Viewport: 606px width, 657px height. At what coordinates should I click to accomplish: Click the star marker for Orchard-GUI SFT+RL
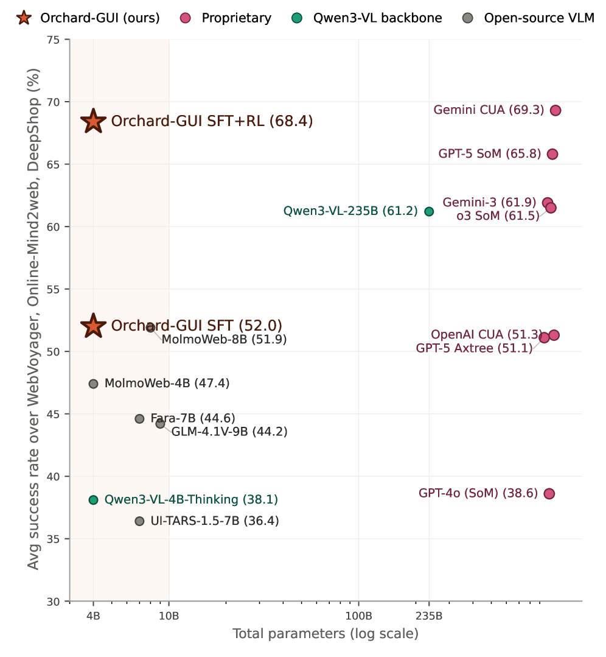pyautogui.click(x=93, y=121)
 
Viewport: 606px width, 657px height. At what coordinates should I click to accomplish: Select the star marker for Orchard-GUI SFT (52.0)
pyautogui.click(x=93, y=326)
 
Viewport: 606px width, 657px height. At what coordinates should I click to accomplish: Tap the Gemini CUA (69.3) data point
pyautogui.click(x=555, y=111)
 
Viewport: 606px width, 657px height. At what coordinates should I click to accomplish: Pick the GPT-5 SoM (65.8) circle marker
pyautogui.click(x=552, y=154)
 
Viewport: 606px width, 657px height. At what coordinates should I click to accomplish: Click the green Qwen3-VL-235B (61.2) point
pyautogui.click(x=429, y=212)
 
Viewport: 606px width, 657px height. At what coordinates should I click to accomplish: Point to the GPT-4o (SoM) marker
pyautogui.click(x=549, y=494)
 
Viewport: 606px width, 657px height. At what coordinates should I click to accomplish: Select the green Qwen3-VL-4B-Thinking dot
pyautogui.click(x=93, y=500)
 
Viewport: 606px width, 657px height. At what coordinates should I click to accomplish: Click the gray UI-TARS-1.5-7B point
pyautogui.click(x=139, y=521)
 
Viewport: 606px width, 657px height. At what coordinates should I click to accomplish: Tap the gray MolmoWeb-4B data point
pyautogui.click(x=93, y=384)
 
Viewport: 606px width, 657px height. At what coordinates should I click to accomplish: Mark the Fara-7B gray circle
pyautogui.click(x=139, y=419)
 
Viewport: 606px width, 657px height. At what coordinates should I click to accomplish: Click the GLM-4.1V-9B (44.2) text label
pyautogui.click(x=229, y=432)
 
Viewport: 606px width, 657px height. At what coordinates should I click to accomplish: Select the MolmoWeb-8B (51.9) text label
pyautogui.click(x=224, y=339)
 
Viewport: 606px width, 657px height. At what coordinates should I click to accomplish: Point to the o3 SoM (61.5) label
pyautogui.click(x=498, y=216)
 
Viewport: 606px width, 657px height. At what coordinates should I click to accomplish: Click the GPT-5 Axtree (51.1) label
pyautogui.click(x=474, y=348)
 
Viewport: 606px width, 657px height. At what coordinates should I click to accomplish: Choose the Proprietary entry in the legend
pyautogui.click(x=226, y=18)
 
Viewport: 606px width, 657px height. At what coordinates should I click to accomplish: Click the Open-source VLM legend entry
pyautogui.click(x=529, y=18)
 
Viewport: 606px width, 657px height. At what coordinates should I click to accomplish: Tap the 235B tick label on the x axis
pyautogui.click(x=429, y=616)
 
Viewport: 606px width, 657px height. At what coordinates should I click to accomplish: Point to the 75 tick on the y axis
pyautogui.click(x=53, y=40)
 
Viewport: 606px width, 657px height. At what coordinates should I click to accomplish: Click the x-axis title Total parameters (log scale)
pyautogui.click(x=326, y=633)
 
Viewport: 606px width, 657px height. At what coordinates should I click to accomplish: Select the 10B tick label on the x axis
pyautogui.click(x=169, y=616)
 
